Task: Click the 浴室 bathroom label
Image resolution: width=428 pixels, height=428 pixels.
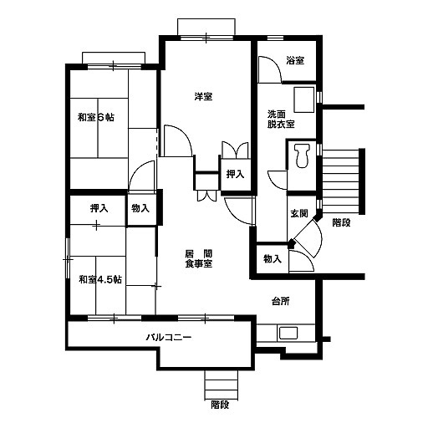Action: click(295, 60)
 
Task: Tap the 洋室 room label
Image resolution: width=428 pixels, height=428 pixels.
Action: click(203, 96)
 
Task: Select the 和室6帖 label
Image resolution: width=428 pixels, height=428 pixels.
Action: click(96, 117)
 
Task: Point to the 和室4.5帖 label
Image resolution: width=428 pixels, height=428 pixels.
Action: click(100, 279)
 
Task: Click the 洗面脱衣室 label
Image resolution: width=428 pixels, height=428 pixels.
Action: click(281, 119)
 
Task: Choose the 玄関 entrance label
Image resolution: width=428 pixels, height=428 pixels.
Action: click(299, 213)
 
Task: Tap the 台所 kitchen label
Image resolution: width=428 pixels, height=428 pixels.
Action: click(281, 301)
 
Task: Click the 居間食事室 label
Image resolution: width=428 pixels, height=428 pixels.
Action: click(199, 258)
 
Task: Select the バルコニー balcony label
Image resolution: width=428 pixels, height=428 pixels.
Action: click(169, 338)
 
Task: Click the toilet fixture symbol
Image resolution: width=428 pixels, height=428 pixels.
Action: click(303, 155)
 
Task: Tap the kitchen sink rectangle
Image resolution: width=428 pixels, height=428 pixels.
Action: click(288, 334)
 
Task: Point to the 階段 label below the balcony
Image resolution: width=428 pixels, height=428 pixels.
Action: click(220, 405)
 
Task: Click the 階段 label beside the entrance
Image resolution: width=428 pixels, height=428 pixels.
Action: click(341, 222)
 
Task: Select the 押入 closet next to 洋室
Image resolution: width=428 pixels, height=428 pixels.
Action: click(235, 174)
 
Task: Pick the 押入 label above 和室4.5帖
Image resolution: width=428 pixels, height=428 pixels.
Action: click(99, 208)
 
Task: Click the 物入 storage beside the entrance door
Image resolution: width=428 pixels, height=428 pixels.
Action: click(273, 259)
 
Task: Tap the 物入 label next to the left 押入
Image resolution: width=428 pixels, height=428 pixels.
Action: click(140, 208)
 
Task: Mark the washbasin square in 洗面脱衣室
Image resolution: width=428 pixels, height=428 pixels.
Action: click(304, 99)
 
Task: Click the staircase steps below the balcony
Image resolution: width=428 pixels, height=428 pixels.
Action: click(222, 385)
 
